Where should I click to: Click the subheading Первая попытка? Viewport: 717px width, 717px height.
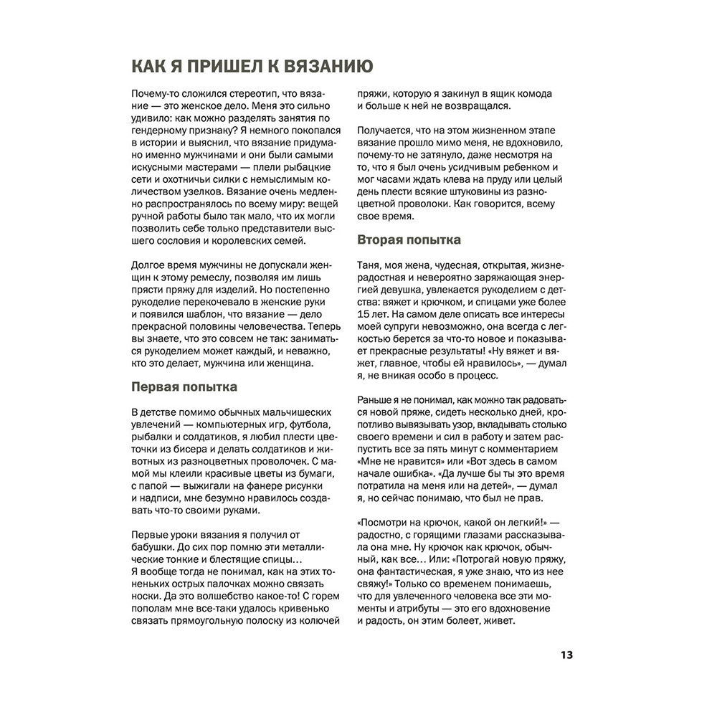click(x=184, y=387)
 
